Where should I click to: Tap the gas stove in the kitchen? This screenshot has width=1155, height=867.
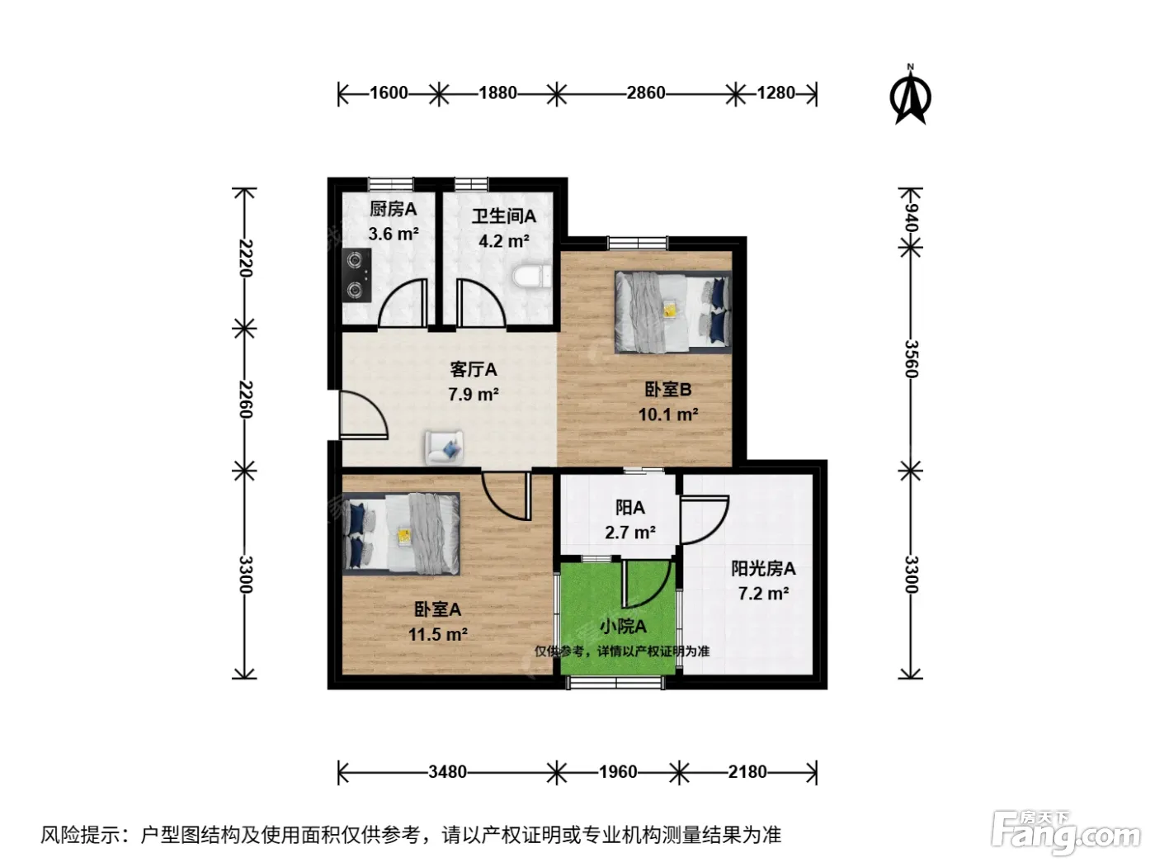pyautogui.click(x=356, y=275)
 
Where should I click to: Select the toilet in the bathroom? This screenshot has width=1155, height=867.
pyautogui.click(x=531, y=277)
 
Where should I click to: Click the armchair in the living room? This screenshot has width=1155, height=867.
pyautogui.click(x=444, y=448)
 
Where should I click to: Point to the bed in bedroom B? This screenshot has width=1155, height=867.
pyautogui.click(x=673, y=311)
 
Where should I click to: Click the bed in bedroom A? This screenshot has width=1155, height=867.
pyautogui.click(x=401, y=533)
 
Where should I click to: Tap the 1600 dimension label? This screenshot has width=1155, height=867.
pyautogui.click(x=389, y=93)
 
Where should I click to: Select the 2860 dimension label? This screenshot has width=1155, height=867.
pyautogui.click(x=646, y=93)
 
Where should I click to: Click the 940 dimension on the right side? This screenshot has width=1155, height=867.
pyautogui.click(x=910, y=218)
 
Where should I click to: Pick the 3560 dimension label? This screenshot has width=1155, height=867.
pyautogui.click(x=910, y=359)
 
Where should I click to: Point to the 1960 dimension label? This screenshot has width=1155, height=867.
pyautogui.click(x=618, y=772)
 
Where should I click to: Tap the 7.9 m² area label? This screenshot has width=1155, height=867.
pyautogui.click(x=474, y=394)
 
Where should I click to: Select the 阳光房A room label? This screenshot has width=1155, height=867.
pyautogui.click(x=763, y=569)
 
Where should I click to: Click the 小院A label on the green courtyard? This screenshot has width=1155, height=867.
pyautogui.click(x=623, y=627)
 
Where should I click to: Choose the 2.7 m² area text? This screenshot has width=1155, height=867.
pyautogui.click(x=629, y=533)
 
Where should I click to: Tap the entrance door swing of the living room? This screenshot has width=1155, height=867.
pyautogui.click(x=364, y=415)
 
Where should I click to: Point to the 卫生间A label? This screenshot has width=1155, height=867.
pyautogui.click(x=503, y=216)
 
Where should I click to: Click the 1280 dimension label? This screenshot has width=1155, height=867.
pyautogui.click(x=775, y=93)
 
